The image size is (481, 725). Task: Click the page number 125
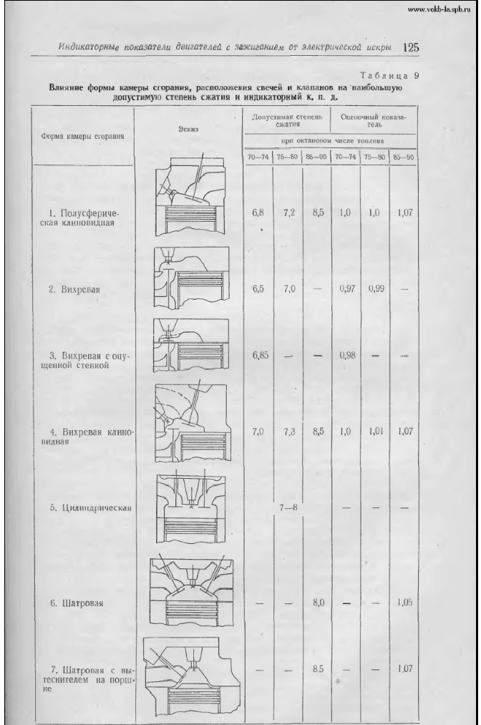pos(411,48)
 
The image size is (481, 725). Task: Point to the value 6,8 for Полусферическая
pos(258,213)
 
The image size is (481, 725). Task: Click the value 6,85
pos(259,355)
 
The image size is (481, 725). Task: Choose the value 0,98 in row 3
pos(346,356)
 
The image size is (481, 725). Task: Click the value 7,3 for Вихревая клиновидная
pos(288,432)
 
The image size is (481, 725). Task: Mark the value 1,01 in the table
pos(374,432)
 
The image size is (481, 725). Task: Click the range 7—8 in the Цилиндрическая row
pos(288,507)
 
